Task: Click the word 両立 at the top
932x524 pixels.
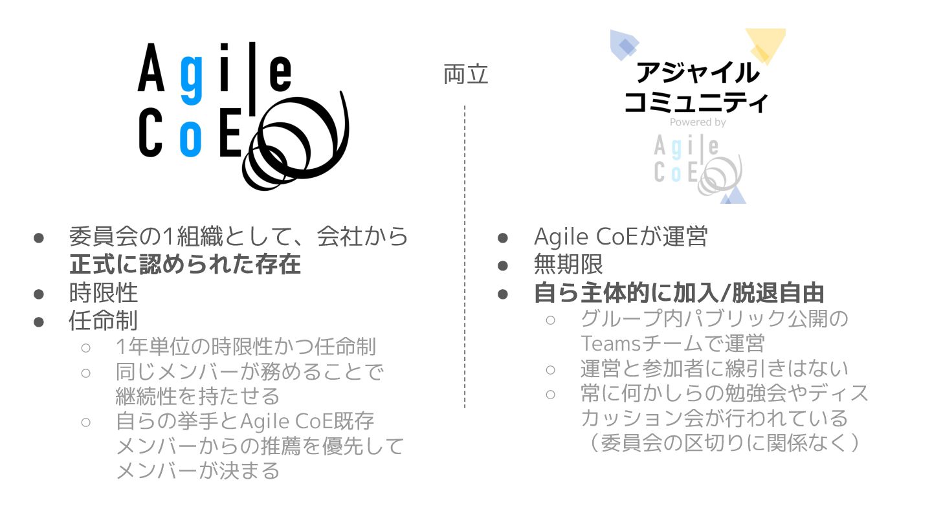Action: tap(465, 74)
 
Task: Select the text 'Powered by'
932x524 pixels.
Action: tap(697, 122)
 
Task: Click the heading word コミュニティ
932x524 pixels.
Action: tap(696, 102)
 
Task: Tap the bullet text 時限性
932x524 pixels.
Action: tap(104, 292)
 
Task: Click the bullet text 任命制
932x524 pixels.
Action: tap(104, 320)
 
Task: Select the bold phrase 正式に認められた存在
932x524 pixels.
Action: tap(185, 265)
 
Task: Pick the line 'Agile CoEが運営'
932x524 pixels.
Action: tap(620, 237)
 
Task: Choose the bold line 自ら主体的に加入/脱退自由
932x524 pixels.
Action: tap(679, 292)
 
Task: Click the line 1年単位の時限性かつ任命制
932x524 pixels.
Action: tap(245, 347)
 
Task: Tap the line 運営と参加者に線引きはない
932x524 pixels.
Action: tap(714, 368)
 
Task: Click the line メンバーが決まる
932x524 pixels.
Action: tap(197, 470)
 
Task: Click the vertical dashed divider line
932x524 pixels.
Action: tap(465, 259)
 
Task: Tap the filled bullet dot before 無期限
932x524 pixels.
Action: tap(504, 265)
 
